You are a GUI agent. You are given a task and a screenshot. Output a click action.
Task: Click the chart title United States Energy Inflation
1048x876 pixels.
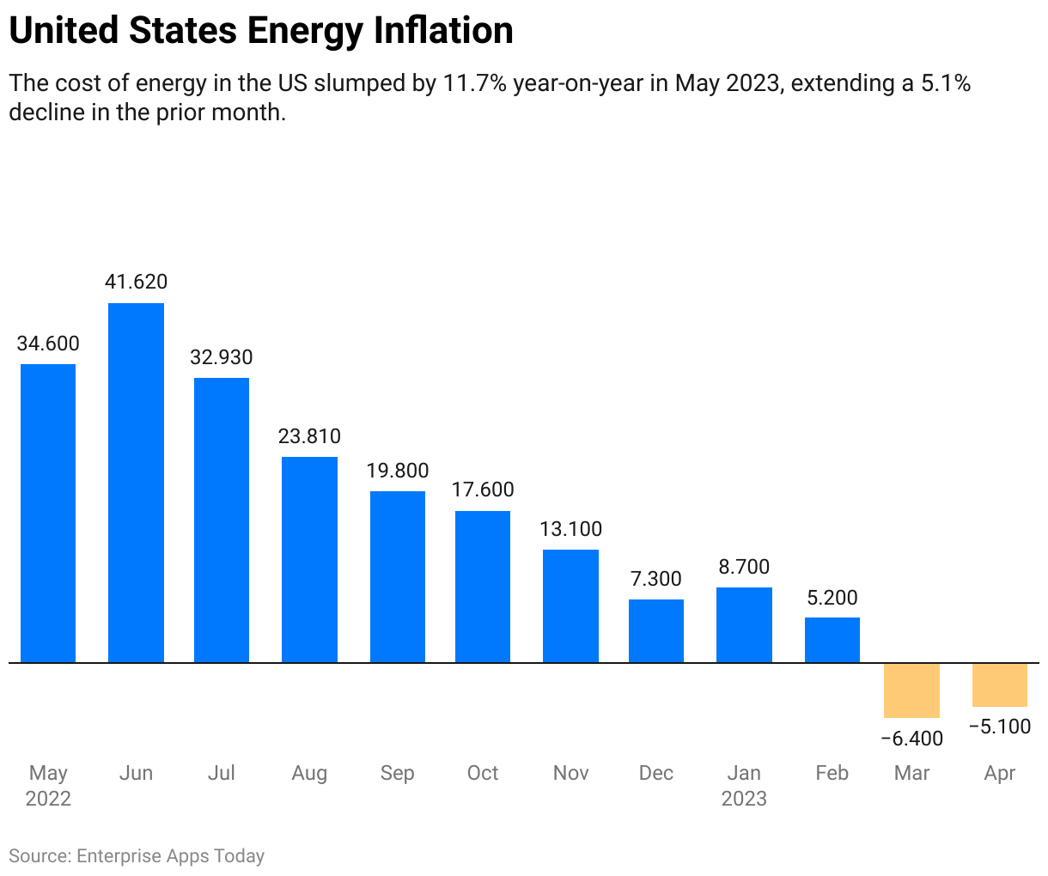[261, 31]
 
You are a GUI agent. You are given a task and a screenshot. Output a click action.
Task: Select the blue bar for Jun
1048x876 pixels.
[136, 483]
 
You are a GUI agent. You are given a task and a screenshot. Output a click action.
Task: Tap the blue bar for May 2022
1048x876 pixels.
[48, 514]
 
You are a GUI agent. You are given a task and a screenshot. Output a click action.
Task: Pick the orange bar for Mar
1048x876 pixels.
[911, 690]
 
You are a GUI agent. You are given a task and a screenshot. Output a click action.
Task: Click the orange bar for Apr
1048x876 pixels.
[999, 684]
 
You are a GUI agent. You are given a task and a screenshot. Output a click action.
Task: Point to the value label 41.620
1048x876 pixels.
[136, 282]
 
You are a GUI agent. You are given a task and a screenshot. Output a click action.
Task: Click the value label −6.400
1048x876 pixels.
[911, 739]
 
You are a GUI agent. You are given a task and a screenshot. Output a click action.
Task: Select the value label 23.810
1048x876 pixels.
[309, 436]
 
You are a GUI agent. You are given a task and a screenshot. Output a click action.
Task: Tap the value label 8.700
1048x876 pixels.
[744, 567]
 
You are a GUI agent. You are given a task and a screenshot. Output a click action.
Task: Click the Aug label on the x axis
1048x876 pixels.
[309, 773]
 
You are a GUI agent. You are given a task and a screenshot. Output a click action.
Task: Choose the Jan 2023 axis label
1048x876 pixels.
[744, 786]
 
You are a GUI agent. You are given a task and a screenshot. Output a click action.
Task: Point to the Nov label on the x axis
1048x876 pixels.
[570, 773]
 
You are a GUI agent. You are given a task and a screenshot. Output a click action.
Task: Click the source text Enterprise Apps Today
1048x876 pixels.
[170, 856]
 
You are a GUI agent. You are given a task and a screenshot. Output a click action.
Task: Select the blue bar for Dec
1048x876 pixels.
[656, 631]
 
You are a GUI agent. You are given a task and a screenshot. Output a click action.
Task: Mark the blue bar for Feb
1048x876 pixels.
[832, 640]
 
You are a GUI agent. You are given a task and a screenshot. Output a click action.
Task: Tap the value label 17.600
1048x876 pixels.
[483, 490]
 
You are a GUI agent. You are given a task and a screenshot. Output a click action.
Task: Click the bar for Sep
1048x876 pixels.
[397, 577]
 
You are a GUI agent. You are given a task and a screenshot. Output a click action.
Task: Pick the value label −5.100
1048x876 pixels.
[999, 727]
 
